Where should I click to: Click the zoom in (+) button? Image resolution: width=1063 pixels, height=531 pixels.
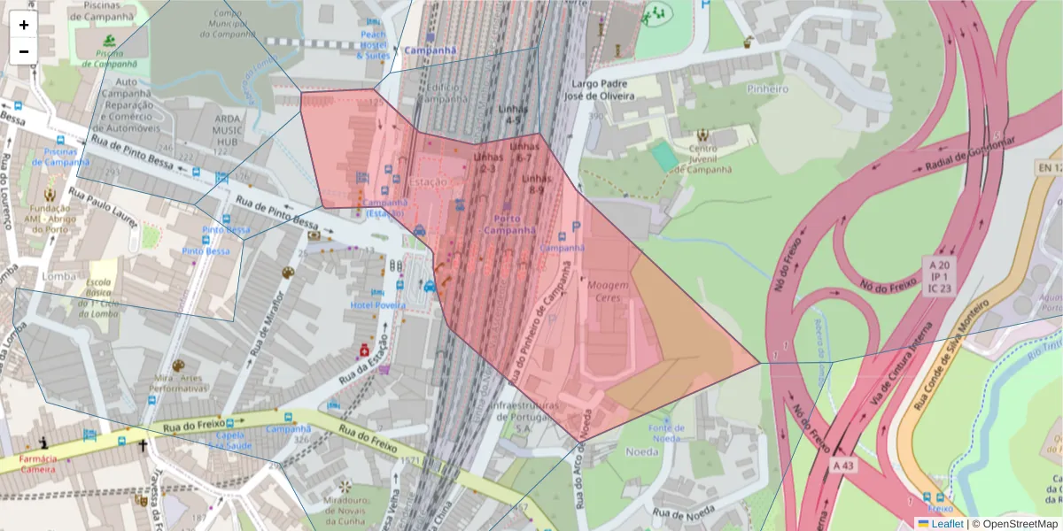coord(24,25)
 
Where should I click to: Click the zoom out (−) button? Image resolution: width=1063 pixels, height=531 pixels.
coord(24,51)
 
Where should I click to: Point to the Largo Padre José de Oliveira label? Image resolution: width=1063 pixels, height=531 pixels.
coord(600,89)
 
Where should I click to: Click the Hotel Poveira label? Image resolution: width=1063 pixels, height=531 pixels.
coord(378,305)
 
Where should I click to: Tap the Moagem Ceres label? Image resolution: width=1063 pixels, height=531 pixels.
coord(609,291)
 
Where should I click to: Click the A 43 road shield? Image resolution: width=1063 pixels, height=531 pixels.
coord(846,464)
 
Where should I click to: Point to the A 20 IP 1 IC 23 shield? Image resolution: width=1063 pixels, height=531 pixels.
coord(939,276)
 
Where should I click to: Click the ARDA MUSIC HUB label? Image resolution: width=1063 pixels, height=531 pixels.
coord(215,130)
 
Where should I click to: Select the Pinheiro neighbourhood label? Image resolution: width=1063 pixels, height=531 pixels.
coord(767,88)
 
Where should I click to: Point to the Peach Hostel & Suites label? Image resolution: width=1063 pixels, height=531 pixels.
coord(373,45)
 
